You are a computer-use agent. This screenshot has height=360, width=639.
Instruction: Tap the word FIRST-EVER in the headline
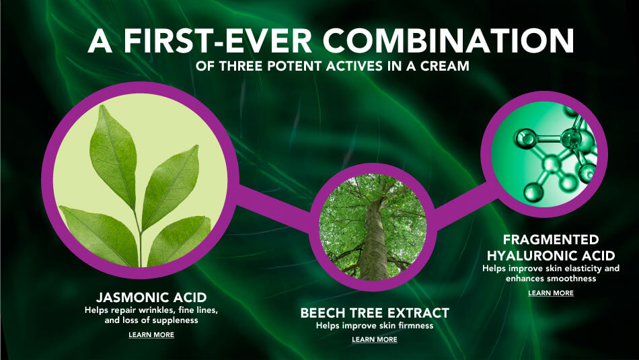pyautogui.click(x=218, y=41)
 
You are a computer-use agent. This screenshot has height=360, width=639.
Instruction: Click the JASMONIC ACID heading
pyautogui.click(x=151, y=297)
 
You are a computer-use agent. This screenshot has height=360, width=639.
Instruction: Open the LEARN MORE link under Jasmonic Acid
pyautogui.click(x=151, y=334)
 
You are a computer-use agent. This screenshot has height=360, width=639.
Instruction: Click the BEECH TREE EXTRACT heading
pyautogui.click(x=375, y=313)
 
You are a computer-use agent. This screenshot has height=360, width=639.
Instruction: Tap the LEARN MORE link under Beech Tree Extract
pyautogui.click(x=375, y=339)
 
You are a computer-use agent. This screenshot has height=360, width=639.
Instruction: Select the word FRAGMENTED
pyautogui.click(x=551, y=240)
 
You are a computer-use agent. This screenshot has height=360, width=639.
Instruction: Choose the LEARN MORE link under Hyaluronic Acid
pyautogui.click(x=551, y=293)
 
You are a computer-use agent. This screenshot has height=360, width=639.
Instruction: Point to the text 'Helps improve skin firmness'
pyautogui.click(x=375, y=325)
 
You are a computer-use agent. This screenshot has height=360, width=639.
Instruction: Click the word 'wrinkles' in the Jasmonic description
pyautogui.click(x=160, y=310)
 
